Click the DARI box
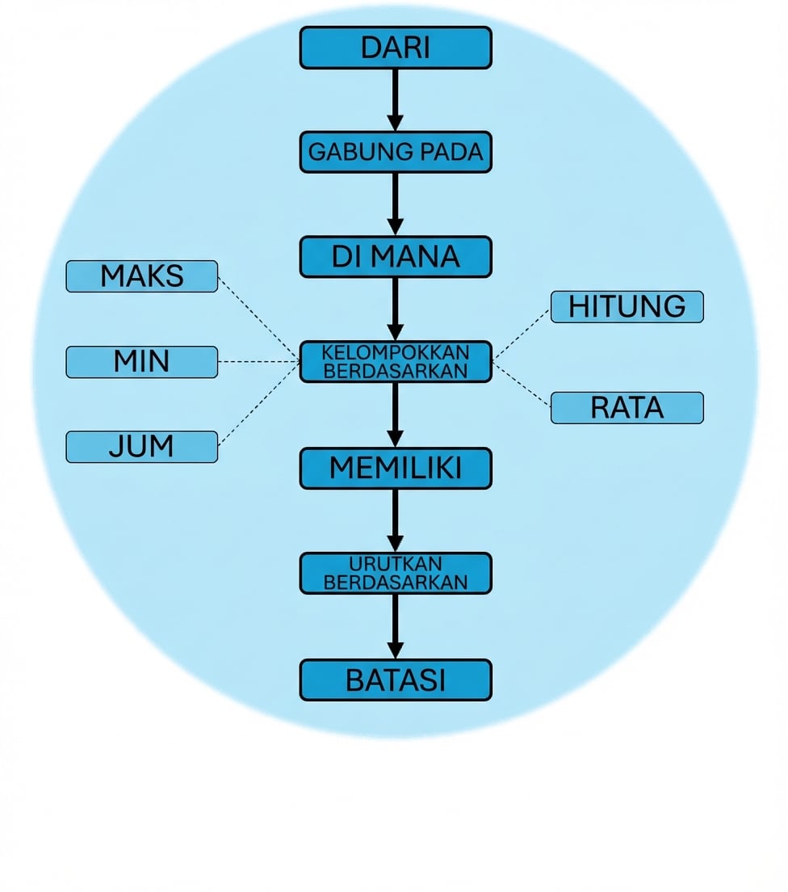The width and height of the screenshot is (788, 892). (396, 48)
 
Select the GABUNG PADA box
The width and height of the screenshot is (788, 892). (396, 152)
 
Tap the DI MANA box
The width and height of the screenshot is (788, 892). (396, 257)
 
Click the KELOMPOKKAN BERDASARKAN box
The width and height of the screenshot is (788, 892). (396, 361)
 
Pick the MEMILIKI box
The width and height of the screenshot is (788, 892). (396, 468)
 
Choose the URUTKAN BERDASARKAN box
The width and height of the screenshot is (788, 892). (396, 573)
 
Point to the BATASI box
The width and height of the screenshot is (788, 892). (396, 680)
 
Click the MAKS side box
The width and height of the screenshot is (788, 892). (142, 276)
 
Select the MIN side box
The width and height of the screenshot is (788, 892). (142, 362)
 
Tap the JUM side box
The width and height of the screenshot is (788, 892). (142, 447)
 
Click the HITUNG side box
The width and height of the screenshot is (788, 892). (627, 307)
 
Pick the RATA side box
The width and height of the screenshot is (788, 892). (627, 408)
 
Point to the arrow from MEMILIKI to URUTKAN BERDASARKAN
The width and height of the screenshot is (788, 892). (395, 520)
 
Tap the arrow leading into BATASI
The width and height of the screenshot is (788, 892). (395, 626)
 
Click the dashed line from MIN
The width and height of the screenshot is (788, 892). (258, 362)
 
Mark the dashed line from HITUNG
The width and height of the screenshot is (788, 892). (522, 333)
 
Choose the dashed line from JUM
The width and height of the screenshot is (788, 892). (258, 404)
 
